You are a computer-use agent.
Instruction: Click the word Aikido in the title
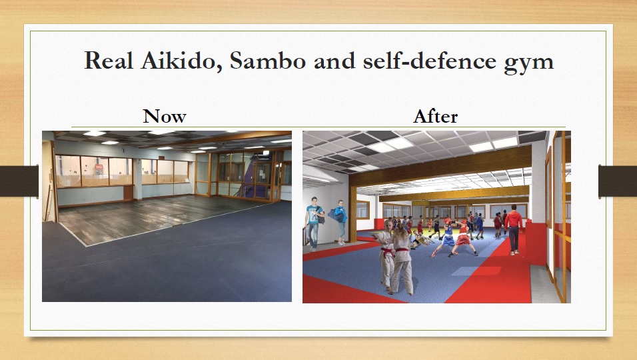(x=181, y=61)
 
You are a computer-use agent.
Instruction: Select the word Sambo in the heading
(x=268, y=61)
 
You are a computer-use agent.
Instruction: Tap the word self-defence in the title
(x=430, y=61)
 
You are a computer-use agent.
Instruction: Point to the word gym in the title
(x=529, y=63)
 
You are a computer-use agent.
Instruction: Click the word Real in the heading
(x=109, y=61)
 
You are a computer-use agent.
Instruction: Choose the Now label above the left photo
(x=165, y=116)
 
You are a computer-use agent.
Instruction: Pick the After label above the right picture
(x=436, y=117)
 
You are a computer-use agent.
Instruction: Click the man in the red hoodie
(x=514, y=229)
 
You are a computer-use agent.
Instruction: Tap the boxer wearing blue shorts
(x=446, y=238)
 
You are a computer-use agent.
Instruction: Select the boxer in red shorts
(x=463, y=239)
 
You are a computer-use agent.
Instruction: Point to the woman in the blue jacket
(x=340, y=222)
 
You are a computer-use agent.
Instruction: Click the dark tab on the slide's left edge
(x=19, y=181)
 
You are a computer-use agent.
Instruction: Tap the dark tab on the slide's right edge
(x=618, y=181)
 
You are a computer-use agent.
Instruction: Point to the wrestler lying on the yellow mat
(x=420, y=241)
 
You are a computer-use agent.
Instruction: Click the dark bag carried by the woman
(x=336, y=215)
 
